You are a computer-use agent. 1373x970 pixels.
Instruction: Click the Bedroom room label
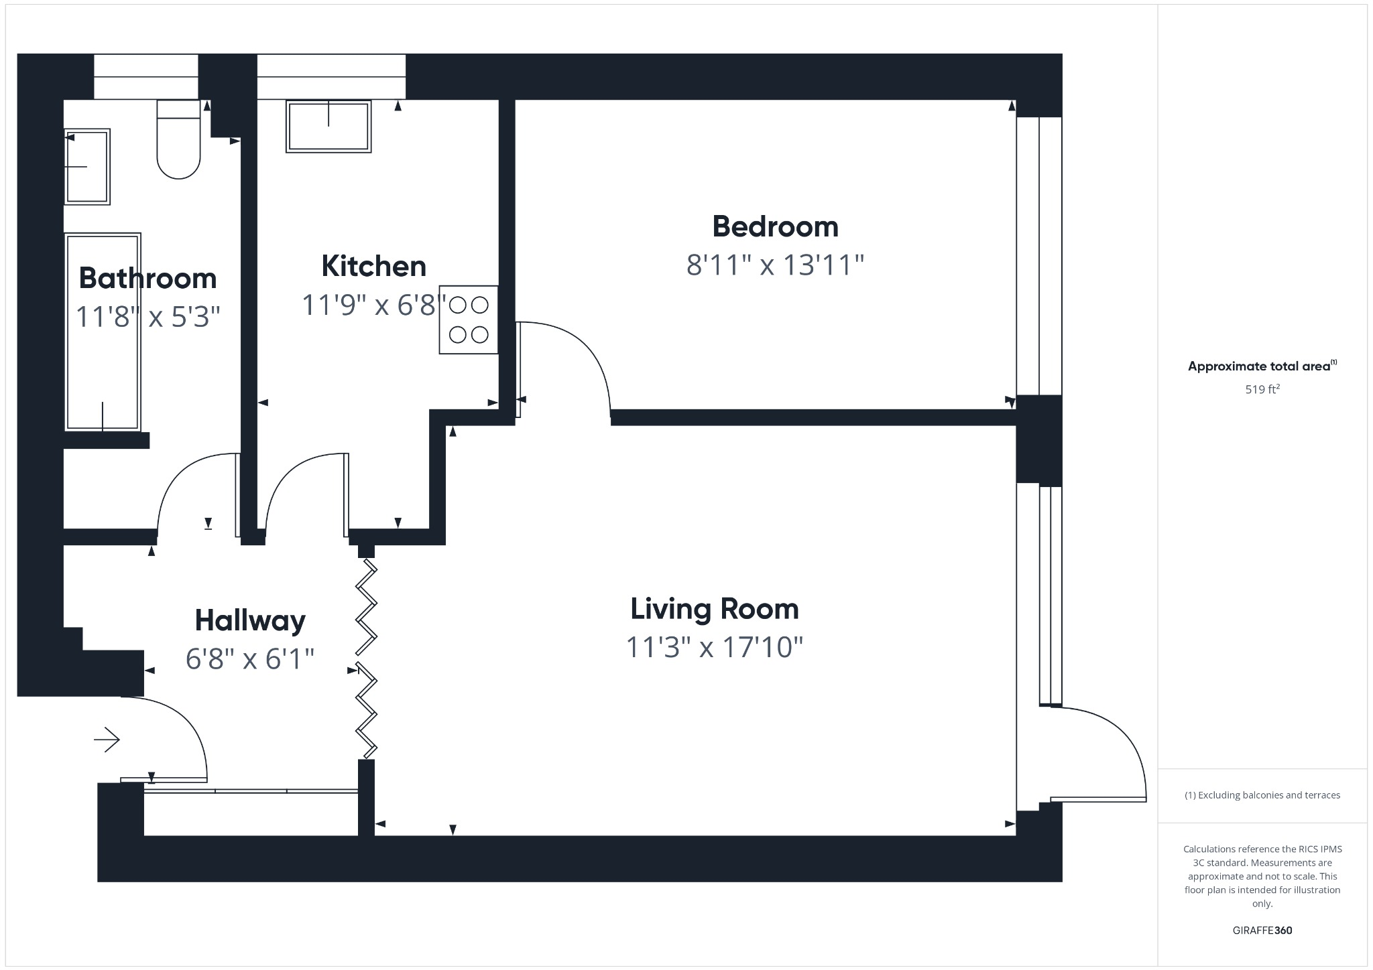(x=775, y=226)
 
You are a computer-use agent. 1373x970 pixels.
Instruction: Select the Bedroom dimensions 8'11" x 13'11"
(x=775, y=265)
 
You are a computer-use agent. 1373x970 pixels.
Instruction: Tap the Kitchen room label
(x=373, y=266)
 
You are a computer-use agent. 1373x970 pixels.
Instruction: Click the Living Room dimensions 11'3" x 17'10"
(x=714, y=648)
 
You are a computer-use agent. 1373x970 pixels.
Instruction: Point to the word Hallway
(x=250, y=620)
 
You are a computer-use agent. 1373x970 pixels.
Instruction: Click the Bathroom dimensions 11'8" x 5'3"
(x=147, y=317)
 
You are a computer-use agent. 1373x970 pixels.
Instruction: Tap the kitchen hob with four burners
(x=469, y=320)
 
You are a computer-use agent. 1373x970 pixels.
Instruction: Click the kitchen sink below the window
(x=329, y=127)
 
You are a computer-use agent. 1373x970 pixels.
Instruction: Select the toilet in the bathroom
(x=178, y=141)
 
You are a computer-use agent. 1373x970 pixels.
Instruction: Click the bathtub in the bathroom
(x=103, y=332)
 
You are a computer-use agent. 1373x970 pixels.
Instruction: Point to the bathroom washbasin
(x=87, y=166)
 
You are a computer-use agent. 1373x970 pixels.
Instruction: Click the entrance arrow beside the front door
(x=107, y=740)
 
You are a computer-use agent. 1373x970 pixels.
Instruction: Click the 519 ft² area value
(x=1262, y=389)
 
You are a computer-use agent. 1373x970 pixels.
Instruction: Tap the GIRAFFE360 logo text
(x=1262, y=930)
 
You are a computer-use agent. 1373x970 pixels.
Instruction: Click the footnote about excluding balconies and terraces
(x=1262, y=795)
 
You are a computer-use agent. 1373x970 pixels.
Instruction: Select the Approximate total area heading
(x=1259, y=366)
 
